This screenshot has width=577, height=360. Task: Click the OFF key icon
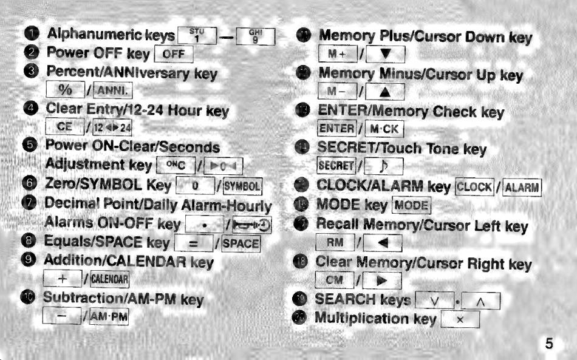click(x=174, y=55)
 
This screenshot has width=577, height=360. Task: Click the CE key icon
click(x=64, y=127)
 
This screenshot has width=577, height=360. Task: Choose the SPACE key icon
click(x=241, y=245)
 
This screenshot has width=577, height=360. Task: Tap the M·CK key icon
click(x=387, y=130)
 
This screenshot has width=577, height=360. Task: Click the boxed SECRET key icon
click(x=336, y=166)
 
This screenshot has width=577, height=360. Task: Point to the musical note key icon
click(x=384, y=166)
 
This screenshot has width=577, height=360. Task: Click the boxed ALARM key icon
click(x=522, y=186)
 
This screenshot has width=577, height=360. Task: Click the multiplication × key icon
click(x=460, y=319)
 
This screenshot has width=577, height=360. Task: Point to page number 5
click(x=548, y=344)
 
